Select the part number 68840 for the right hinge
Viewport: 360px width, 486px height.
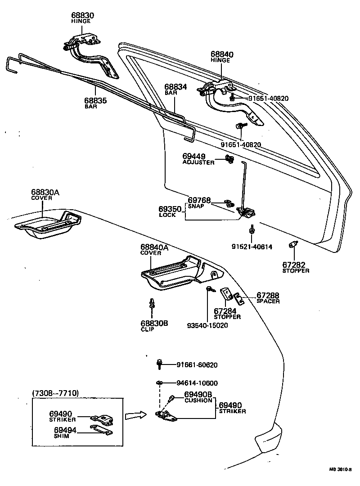[x=222, y=54]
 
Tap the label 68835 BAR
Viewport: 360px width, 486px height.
[x=95, y=103]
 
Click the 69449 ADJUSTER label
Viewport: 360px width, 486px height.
[x=198, y=159]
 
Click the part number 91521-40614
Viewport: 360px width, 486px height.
[x=252, y=247]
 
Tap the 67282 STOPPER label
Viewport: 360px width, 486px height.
[x=296, y=267]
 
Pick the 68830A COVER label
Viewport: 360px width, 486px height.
[x=45, y=195]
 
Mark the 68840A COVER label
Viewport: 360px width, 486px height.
[x=154, y=250]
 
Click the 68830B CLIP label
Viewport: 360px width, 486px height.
[x=154, y=326]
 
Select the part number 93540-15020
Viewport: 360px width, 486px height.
[x=207, y=325]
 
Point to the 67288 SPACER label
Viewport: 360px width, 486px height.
[x=268, y=298]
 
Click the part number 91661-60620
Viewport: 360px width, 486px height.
[x=197, y=365]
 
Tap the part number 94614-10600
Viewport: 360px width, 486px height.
[x=197, y=383]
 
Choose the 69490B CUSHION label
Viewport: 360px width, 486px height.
[x=198, y=397]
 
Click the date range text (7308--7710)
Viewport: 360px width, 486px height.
[x=56, y=393]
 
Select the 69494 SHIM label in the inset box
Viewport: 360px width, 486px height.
[x=65, y=432]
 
